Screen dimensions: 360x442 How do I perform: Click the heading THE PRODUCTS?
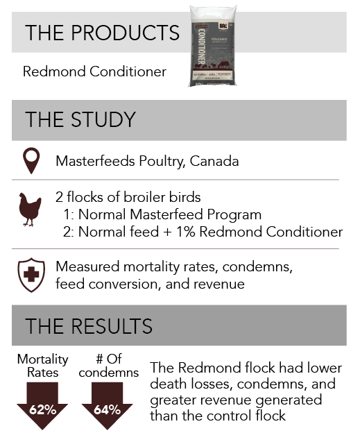[102, 33]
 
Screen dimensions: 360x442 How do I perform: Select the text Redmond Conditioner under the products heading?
[94, 71]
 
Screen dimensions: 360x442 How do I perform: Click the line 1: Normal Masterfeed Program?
[162, 214]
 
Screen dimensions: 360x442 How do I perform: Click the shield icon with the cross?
[31, 275]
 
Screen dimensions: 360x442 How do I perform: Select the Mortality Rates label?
[43, 366]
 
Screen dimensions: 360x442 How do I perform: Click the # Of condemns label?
[109, 366]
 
